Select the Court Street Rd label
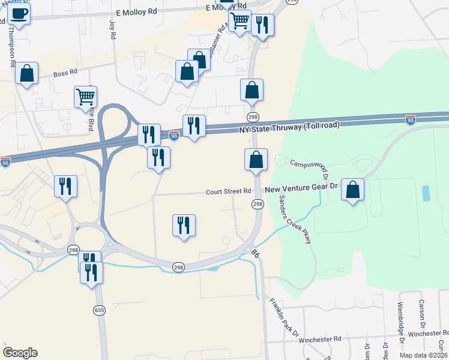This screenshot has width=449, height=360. click(228, 192)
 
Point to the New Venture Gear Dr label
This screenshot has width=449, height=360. click(302, 188)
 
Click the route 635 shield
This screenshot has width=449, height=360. click(99, 310)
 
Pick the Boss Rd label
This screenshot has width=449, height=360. click(65, 74)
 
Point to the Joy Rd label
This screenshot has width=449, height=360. click(112, 29)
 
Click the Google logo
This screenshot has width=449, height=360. click(20, 353)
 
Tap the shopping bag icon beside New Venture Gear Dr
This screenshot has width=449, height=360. click(353, 190)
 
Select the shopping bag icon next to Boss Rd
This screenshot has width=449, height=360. click(26, 73)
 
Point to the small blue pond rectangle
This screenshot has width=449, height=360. click(426, 193)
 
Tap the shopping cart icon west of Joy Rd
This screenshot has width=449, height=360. click(85, 96)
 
